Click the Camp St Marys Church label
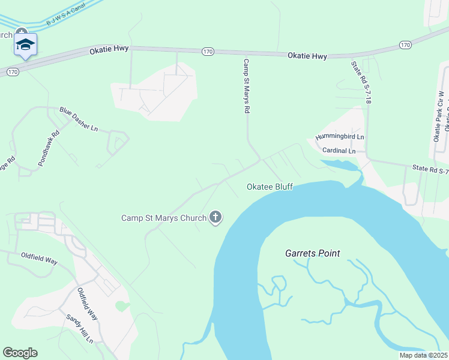163,218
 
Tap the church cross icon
215,218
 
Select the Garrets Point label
312,253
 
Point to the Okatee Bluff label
270,187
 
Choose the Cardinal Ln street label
339,151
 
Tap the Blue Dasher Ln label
78,119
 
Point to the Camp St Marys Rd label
246,86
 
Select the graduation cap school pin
25,44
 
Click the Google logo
20,353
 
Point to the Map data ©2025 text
424,355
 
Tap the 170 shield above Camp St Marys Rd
207,52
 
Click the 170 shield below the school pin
12,72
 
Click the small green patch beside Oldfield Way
122,306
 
